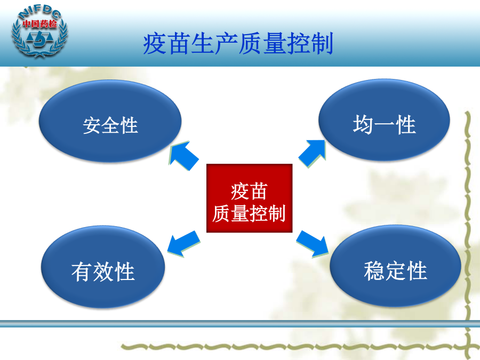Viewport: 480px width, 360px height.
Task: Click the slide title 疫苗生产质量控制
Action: [238, 44]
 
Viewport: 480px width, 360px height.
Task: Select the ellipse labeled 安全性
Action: [110, 121]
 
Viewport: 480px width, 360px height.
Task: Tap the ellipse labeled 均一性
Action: [384, 120]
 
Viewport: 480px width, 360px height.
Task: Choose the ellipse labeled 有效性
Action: [103, 267]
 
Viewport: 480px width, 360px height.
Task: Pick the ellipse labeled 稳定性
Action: [395, 266]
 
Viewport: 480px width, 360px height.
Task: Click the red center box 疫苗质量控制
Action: [250, 198]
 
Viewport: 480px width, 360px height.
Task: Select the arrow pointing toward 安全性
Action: [183, 156]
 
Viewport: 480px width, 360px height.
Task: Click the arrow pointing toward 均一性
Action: [312, 154]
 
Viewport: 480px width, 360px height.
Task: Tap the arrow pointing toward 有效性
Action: [183, 243]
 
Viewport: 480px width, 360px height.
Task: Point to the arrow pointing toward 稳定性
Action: [312, 244]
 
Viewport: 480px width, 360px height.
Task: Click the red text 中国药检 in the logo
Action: [40, 24]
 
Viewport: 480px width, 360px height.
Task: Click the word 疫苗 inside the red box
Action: [249, 191]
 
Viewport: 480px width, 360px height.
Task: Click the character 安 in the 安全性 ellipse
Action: [92, 125]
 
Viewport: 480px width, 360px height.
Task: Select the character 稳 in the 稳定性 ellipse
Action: [374, 270]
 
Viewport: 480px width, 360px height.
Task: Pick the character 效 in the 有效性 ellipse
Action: [103, 271]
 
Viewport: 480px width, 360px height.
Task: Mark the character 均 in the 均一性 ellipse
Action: [363, 124]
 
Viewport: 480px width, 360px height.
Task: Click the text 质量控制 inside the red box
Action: [249, 213]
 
